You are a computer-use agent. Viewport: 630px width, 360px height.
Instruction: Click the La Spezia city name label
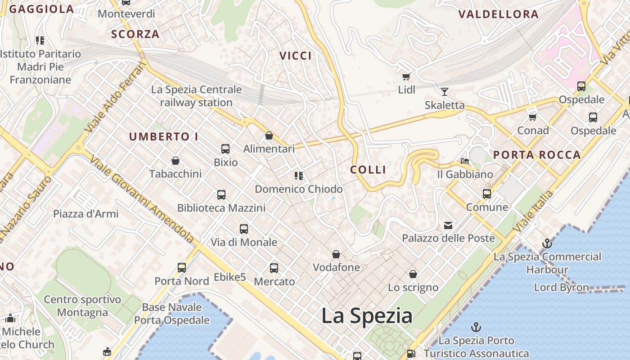367,316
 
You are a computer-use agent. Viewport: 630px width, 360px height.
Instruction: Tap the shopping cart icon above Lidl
406,77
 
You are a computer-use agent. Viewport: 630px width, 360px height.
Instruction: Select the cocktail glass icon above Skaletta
445,92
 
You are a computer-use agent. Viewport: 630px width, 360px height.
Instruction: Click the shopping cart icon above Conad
533,117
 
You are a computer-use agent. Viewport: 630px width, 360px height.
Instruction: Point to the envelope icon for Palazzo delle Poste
448,225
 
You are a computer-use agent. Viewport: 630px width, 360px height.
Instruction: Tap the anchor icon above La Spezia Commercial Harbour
547,244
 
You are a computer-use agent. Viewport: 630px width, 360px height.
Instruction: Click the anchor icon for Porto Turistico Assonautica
476,327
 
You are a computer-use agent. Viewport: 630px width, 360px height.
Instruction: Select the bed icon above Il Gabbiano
465,161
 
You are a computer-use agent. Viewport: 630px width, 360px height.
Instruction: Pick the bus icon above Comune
487,194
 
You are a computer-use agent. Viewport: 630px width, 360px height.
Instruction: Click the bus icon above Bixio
225,149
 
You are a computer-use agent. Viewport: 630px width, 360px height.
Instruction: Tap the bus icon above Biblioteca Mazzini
221,195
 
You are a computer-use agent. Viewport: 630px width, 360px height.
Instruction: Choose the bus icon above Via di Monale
244,229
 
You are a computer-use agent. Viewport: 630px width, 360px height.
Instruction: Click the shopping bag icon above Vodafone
336,255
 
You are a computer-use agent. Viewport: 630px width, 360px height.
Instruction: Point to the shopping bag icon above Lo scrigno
413,274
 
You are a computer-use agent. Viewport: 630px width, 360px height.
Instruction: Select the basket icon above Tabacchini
175,161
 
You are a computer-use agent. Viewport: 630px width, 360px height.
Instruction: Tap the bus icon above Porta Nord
182,268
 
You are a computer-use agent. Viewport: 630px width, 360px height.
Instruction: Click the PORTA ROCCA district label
537,155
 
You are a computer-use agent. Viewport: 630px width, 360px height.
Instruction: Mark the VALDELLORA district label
498,14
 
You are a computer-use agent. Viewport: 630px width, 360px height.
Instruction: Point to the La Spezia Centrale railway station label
196,96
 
